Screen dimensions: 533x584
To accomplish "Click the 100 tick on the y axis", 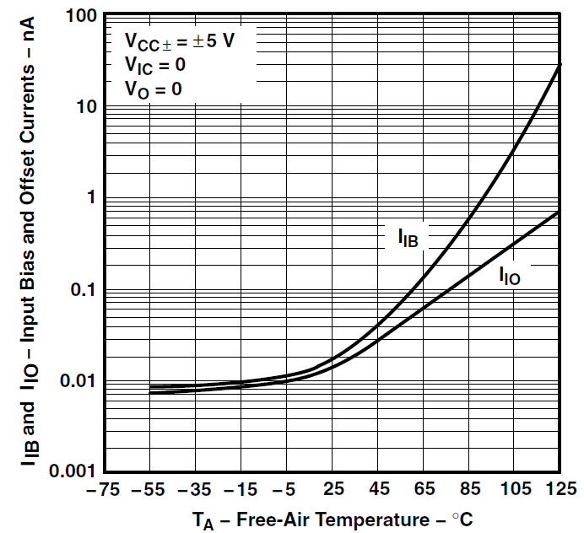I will (78, 16).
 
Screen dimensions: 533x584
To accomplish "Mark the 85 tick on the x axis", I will (469, 489).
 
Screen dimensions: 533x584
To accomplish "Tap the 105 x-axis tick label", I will (514, 489).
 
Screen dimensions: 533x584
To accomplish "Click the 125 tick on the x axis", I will (560, 489).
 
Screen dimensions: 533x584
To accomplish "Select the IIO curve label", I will (509, 274).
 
